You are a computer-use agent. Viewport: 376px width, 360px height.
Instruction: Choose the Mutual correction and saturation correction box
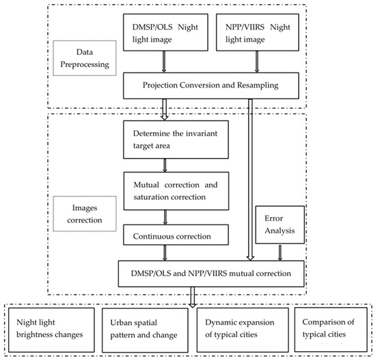(165, 185)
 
